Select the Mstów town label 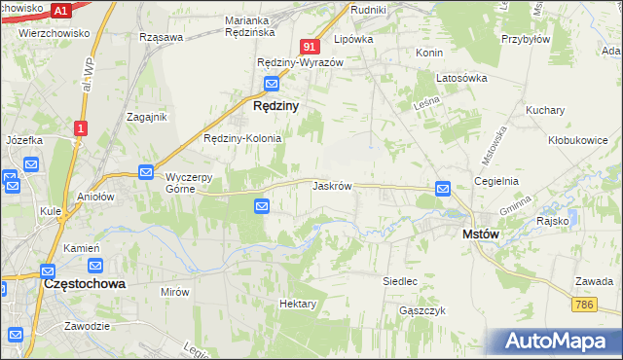tap(482, 234)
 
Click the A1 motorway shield tap(60, 11)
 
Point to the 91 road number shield tap(310, 46)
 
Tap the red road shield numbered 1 tap(81, 127)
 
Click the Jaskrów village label tap(332, 185)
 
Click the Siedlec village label tap(400, 281)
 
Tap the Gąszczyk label tap(421, 310)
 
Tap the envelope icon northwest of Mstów tap(443, 188)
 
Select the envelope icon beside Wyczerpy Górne tap(145, 172)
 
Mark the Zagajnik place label tap(148, 117)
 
